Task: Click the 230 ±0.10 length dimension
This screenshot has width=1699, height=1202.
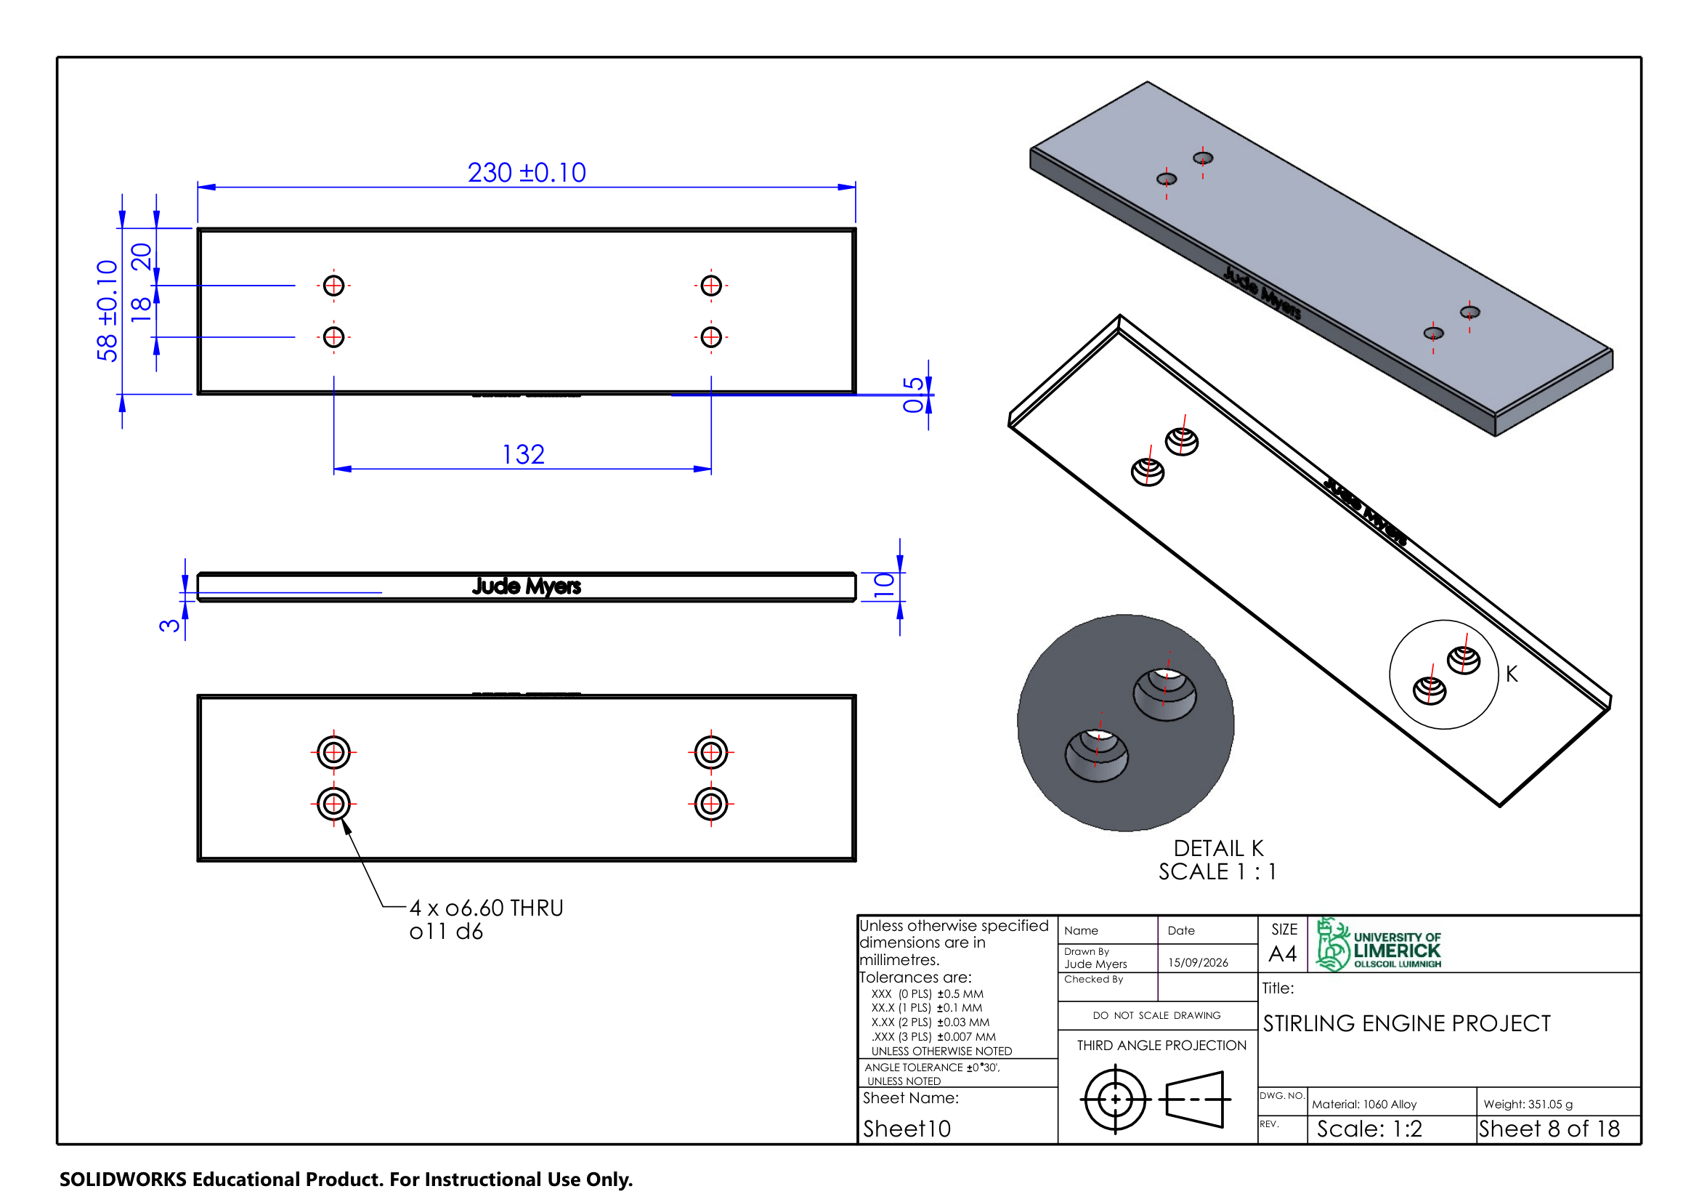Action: click(526, 172)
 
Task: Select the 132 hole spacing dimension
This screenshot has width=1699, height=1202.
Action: click(523, 454)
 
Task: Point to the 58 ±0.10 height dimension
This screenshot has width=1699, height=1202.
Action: click(108, 311)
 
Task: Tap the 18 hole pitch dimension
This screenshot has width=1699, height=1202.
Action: click(141, 310)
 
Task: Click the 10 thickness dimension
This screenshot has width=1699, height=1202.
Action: click(884, 585)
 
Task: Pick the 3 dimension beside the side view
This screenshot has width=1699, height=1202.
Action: click(169, 626)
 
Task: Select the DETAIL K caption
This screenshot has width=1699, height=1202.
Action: click(1218, 848)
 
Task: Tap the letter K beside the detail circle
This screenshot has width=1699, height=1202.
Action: click(1511, 674)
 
